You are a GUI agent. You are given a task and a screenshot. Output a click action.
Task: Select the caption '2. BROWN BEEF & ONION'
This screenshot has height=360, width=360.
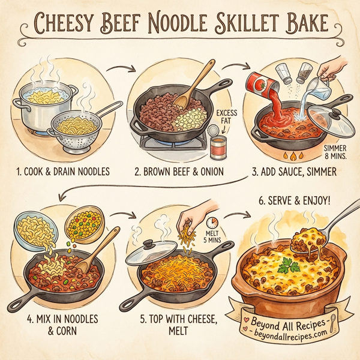pyautogui.click(x=179, y=172)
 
